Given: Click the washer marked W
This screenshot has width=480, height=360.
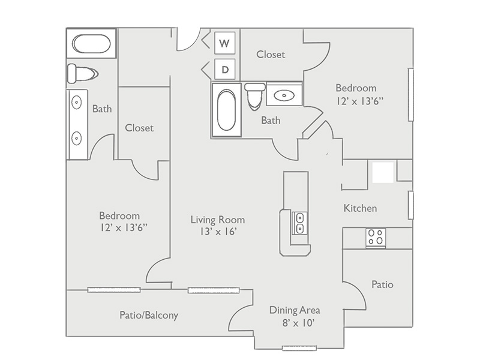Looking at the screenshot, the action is coord(224,43).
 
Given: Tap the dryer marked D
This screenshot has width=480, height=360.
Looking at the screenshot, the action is coord(224,69).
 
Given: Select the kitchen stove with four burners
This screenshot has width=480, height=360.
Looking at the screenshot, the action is coord(376,238).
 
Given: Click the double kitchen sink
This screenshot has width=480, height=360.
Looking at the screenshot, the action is coord(300,223).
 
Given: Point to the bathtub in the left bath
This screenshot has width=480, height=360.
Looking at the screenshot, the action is coord(92,43).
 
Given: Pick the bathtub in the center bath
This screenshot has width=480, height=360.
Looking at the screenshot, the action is coord(227,110).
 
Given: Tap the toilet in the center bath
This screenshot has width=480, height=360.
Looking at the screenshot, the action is coord(254,96).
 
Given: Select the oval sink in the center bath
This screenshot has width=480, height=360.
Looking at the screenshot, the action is coord(284,96).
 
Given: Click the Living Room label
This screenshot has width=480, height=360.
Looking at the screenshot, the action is coord(218,220).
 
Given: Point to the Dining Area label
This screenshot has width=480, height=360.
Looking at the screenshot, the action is coord(295,310).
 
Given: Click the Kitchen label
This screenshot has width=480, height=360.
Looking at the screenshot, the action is coord(361,208).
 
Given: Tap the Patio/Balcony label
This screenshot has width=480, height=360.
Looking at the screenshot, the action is coord(149,315).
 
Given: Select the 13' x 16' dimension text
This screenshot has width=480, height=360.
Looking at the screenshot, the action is coord(218,232).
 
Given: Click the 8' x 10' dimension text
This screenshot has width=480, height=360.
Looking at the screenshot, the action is coord(299,323).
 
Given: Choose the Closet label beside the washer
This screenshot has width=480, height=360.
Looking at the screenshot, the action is coord(271,55).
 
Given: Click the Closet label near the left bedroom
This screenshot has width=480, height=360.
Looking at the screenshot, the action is coord(139,128).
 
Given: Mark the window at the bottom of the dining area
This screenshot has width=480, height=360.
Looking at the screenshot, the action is coord(299,348).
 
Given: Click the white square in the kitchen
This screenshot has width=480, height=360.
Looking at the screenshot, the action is coord(383,173).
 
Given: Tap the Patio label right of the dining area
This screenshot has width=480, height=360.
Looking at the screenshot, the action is coord(382,284).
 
